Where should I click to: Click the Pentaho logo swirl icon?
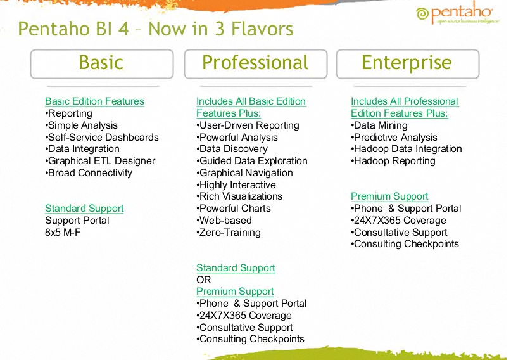(x=422, y=14)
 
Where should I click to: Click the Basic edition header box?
(x=102, y=64)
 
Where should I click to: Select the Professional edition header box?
(x=256, y=64)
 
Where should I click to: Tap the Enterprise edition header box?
(x=408, y=64)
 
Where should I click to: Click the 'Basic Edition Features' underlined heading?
(x=94, y=101)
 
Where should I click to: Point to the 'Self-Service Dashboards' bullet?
(x=102, y=138)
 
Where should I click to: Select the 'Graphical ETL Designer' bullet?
(x=100, y=161)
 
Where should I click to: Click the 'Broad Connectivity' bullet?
(x=89, y=173)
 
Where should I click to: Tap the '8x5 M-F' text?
(x=63, y=233)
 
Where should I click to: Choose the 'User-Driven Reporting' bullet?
(x=248, y=125)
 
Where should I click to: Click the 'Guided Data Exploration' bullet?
(x=252, y=161)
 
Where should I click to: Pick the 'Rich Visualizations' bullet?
(x=239, y=196)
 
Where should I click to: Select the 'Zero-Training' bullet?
(x=229, y=233)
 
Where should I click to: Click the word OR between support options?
(x=204, y=280)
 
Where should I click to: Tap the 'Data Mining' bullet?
(x=379, y=125)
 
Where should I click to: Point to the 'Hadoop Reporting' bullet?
(x=393, y=161)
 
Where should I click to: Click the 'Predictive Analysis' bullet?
(x=394, y=138)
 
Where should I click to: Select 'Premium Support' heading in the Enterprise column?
(x=389, y=196)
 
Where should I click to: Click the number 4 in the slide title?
(x=123, y=29)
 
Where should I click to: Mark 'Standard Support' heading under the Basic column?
(x=84, y=209)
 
